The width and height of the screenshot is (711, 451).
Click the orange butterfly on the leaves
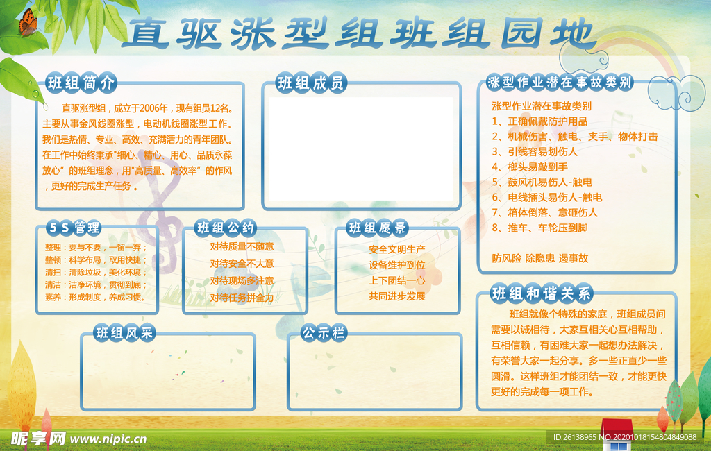coord(27,24)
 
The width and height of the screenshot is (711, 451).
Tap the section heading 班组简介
coord(81,83)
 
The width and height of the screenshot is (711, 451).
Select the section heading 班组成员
coord(311,84)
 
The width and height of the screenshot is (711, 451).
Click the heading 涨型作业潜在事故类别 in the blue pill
coord(560,83)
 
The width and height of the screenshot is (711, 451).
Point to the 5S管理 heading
coord(74,228)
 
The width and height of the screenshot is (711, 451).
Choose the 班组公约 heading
coord(226,228)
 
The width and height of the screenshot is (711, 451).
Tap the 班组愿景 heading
coord(378,228)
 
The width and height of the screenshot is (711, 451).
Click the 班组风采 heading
coord(124,333)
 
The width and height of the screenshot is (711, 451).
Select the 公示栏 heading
coord(324,333)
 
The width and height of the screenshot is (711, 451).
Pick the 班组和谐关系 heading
coord(541,293)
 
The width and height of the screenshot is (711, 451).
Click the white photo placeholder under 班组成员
coord(361,147)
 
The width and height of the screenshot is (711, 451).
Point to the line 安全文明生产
coord(397,249)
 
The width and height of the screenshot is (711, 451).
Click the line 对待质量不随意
coord(242,246)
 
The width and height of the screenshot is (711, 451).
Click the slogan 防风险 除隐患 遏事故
coord(539,258)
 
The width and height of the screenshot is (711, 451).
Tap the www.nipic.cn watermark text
coord(109,439)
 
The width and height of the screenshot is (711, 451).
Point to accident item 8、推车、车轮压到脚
coord(539,228)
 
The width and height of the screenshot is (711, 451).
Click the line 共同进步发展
coord(397,296)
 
